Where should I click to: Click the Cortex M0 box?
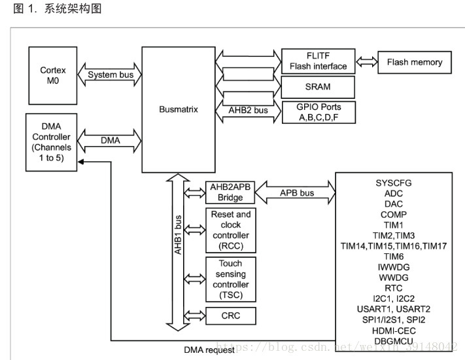(53, 75)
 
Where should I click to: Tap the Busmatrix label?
(178, 109)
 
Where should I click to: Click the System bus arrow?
(111, 75)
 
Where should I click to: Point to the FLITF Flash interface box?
(318, 62)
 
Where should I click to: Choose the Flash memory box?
(414, 62)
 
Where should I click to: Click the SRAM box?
(318, 86)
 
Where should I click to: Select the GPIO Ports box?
(318, 112)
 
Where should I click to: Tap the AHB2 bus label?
(248, 111)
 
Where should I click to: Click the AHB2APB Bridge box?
(230, 192)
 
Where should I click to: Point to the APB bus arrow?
(296, 192)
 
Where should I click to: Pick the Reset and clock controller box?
(230, 230)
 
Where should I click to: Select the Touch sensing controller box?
(230, 279)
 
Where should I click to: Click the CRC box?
(230, 316)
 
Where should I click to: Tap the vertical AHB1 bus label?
(177, 236)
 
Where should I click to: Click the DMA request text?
(210, 350)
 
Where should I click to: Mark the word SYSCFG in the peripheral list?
(394, 183)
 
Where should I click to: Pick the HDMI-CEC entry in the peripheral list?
(394, 330)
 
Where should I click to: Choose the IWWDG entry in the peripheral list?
(394, 267)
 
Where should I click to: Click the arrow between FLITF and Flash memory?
(366, 62)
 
